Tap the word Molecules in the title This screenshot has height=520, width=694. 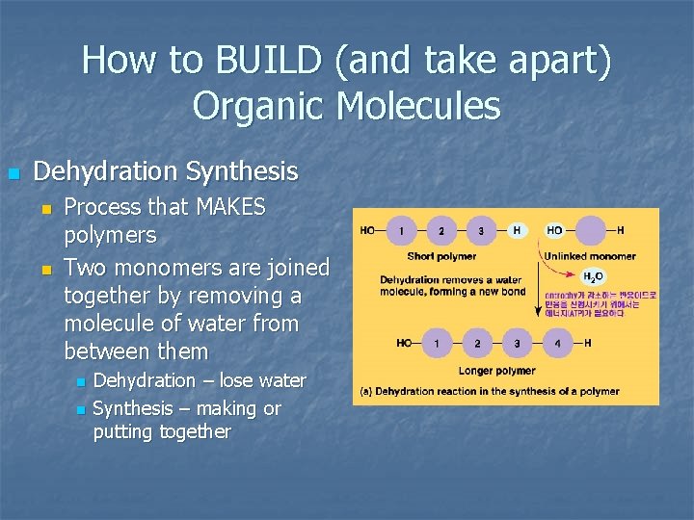419,106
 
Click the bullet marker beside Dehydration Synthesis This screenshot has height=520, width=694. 13,173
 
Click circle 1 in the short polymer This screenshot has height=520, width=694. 400,231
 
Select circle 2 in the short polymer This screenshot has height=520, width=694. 440,231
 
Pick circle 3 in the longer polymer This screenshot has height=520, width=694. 518,343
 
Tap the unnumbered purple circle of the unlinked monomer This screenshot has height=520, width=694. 590,231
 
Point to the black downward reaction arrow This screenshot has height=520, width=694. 536,289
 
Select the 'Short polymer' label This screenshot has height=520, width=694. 441,256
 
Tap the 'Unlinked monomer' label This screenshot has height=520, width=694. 590,256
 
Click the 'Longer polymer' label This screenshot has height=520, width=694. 497,371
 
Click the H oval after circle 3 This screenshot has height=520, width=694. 517,231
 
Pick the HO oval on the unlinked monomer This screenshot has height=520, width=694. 555,231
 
